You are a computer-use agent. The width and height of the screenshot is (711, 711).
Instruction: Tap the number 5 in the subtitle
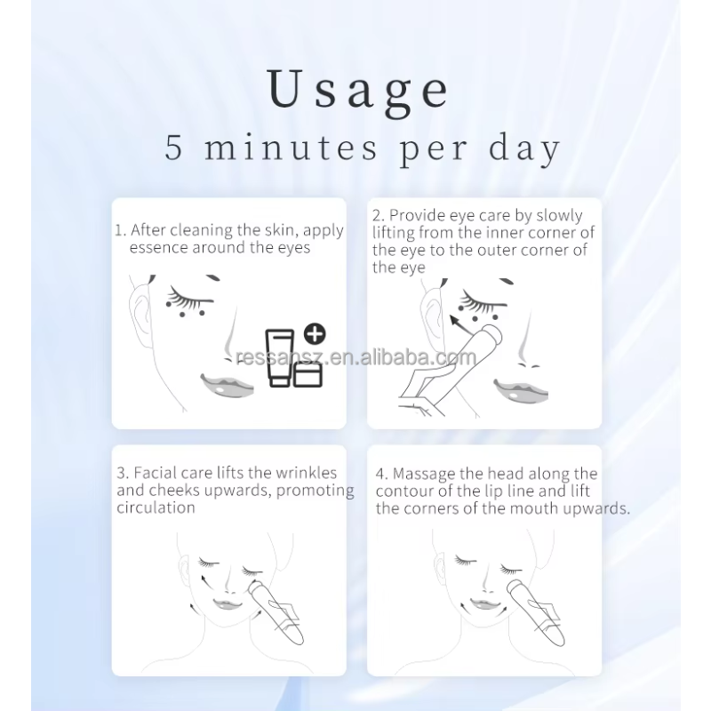click(175, 148)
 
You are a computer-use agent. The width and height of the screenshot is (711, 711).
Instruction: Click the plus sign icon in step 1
click(315, 335)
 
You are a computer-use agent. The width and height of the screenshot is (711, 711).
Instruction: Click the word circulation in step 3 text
click(156, 507)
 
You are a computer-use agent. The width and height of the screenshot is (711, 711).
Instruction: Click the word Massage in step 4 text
click(422, 475)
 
